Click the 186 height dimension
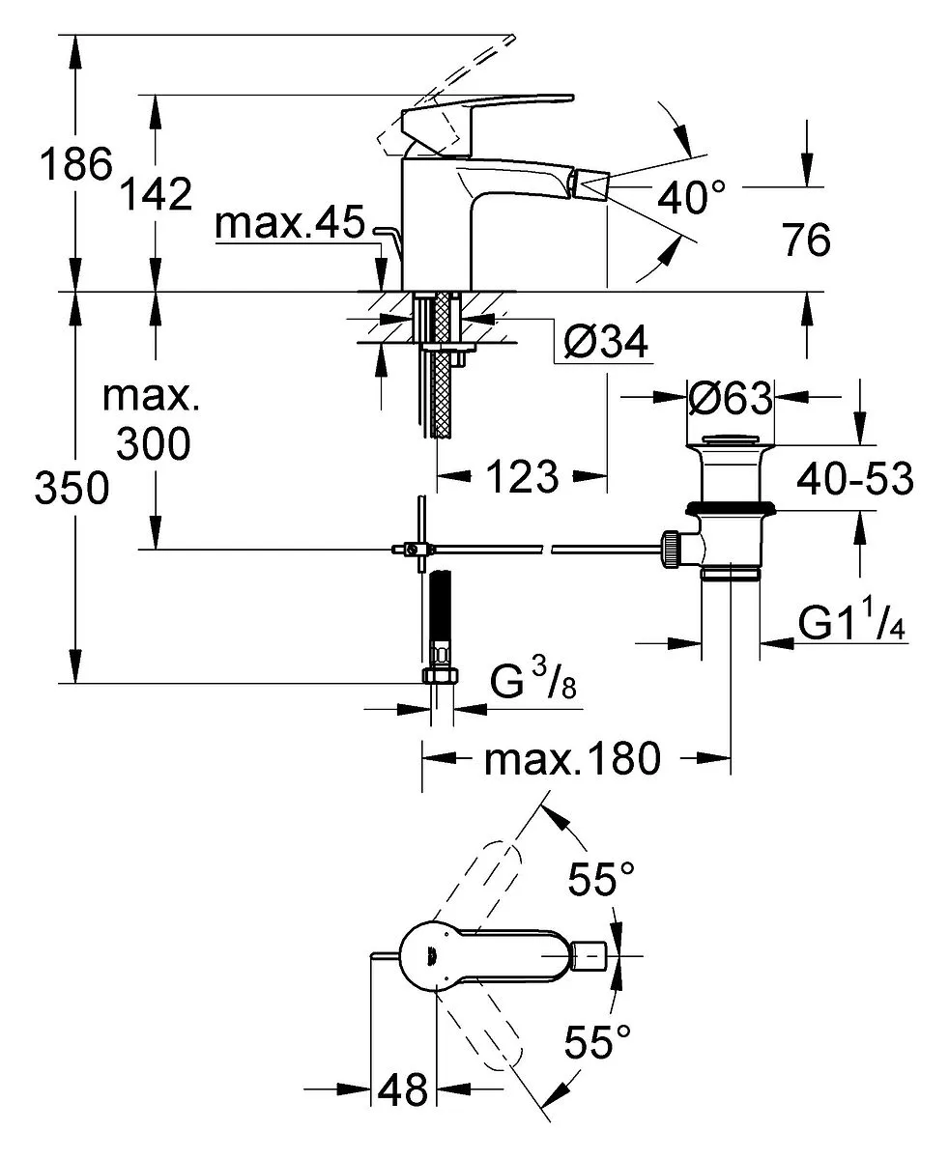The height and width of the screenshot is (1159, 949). (x=76, y=164)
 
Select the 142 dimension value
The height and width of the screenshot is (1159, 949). (x=157, y=194)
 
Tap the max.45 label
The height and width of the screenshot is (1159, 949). (x=290, y=222)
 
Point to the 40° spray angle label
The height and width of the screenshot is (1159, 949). (x=692, y=197)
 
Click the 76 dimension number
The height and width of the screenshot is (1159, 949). (x=807, y=240)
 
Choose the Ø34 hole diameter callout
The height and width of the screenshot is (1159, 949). (x=606, y=342)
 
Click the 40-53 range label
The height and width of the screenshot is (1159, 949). (x=855, y=479)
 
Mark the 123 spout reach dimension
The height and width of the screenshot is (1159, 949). (x=522, y=476)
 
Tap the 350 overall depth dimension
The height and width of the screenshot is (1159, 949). (x=72, y=488)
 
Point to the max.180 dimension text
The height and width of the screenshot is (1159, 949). (x=572, y=759)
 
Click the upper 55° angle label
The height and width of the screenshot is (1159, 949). (x=601, y=879)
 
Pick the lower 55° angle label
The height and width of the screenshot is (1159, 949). (x=597, y=1041)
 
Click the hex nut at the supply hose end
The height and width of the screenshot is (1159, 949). (x=441, y=675)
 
